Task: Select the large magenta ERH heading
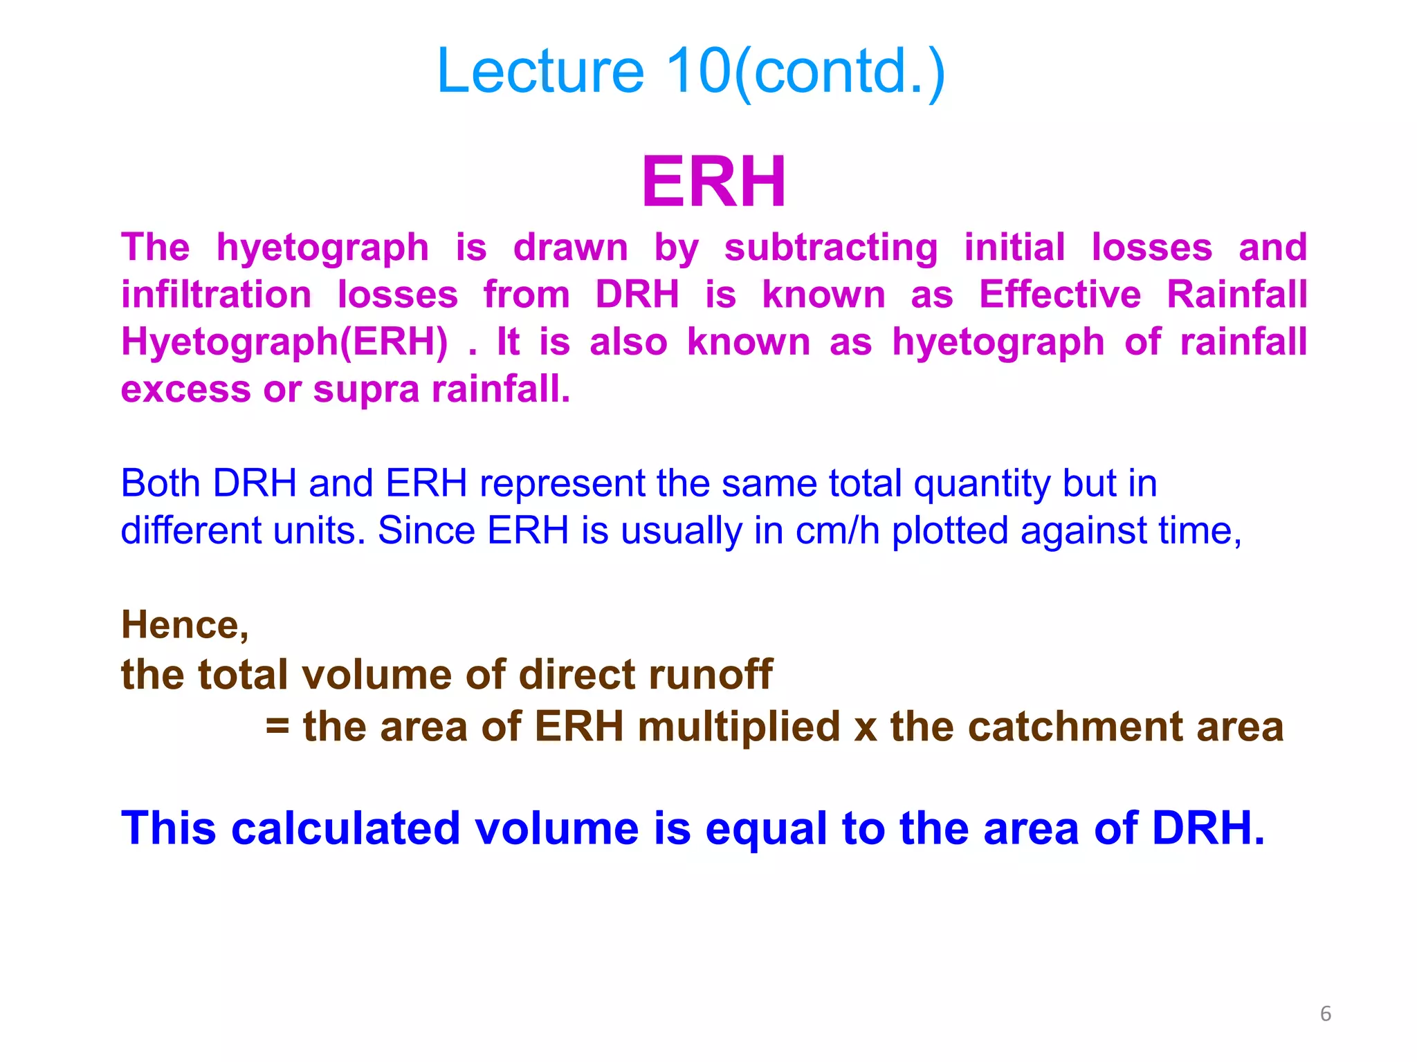point(713,181)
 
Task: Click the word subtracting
point(830,248)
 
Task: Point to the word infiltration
point(216,295)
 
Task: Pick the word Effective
point(1059,295)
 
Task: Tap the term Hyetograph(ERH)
point(284,342)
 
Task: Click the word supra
point(366,389)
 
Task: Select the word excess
point(185,389)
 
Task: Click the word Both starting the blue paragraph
point(161,483)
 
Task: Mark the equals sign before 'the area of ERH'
point(277,727)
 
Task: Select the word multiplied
point(738,727)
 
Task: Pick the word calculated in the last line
point(346,828)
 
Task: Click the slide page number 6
point(1325,1014)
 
